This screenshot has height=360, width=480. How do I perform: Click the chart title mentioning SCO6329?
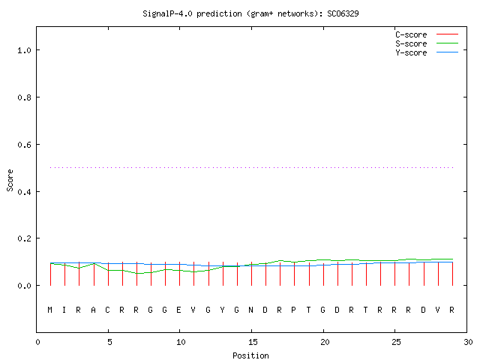[250, 13]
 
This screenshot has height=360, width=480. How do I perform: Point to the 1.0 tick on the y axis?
[25, 50]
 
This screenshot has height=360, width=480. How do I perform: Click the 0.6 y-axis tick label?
[25, 145]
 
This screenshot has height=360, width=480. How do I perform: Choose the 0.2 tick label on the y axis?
[25, 238]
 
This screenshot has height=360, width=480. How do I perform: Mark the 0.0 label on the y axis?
[25, 286]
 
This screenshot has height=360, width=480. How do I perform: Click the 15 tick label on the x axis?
[252, 342]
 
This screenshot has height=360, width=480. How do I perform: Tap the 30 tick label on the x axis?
[468, 342]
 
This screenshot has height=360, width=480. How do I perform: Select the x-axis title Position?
[250, 355]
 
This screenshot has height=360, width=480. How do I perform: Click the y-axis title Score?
[10, 180]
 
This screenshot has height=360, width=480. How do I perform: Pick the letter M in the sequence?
[50, 310]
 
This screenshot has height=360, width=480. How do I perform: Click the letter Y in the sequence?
[222, 310]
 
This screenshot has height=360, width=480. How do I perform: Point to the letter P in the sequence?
[293, 310]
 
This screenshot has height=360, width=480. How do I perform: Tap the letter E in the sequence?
[178, 310]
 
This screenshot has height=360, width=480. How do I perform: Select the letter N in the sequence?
[250, 310]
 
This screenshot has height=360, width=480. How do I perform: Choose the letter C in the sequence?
[107, 310]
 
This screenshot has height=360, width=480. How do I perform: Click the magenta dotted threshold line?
[252, 167]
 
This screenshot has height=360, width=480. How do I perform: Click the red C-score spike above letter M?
[50, 274]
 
